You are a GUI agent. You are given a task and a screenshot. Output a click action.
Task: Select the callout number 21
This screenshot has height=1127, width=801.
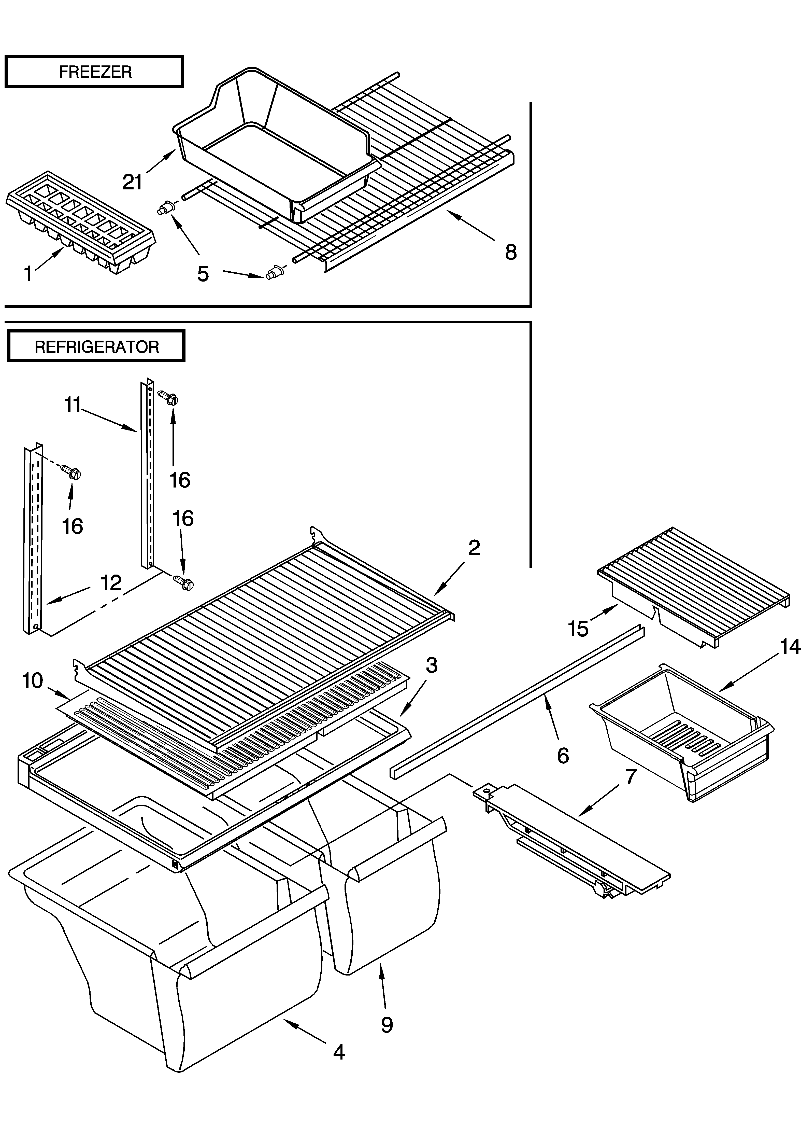pos(132,182)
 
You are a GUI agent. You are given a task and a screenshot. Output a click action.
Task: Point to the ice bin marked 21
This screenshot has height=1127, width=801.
pos(276,143)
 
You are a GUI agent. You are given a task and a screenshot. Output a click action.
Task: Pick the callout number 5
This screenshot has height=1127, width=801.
pos(203,274)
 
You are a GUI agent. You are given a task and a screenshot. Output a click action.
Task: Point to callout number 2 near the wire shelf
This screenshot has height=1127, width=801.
pos(474,548)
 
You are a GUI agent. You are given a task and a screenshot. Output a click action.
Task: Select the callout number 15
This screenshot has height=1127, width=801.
pos(578,629)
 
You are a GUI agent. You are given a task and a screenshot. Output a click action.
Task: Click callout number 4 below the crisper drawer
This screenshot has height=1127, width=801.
pos(338,1052)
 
